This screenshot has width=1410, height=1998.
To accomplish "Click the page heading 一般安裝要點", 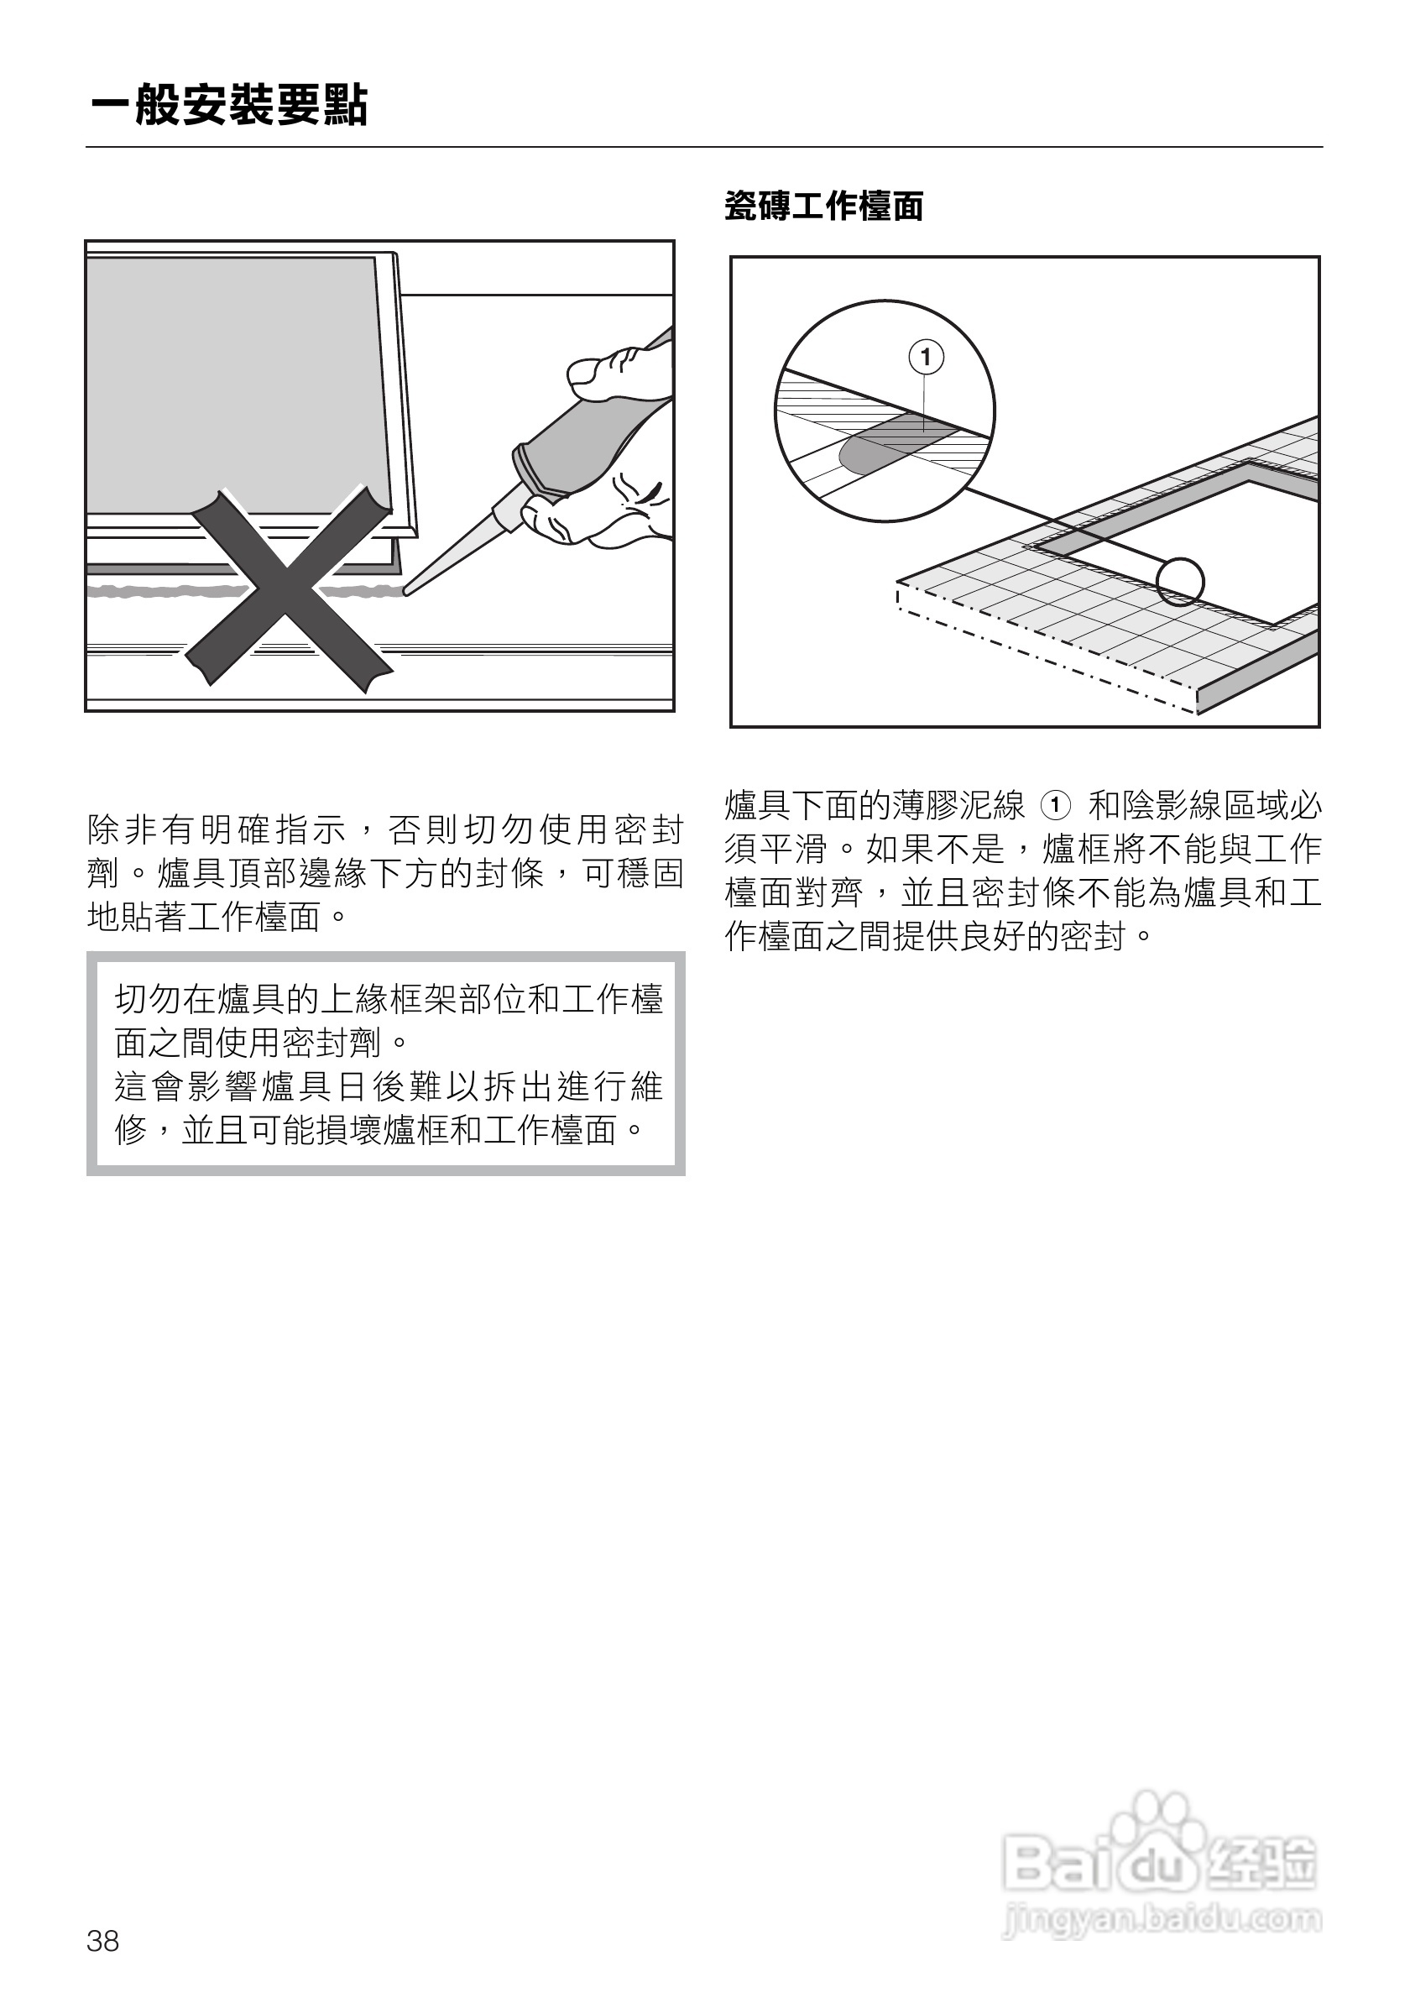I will [x=230, y=106].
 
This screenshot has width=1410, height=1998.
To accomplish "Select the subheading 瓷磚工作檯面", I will [x=823, y=207].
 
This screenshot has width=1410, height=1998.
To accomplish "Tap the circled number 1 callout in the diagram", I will [x=927, y=357].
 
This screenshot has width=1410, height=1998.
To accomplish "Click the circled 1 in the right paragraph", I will [x=1055, y=806].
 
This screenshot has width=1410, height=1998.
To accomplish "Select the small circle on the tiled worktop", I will [x=1180, y=580].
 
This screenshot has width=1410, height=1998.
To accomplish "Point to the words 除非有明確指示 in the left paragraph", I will [x=217, y=830].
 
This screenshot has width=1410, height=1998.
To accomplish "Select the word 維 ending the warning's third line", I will [x=646, y=1087].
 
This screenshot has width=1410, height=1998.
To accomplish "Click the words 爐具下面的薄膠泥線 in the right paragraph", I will [x=875, y=806].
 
